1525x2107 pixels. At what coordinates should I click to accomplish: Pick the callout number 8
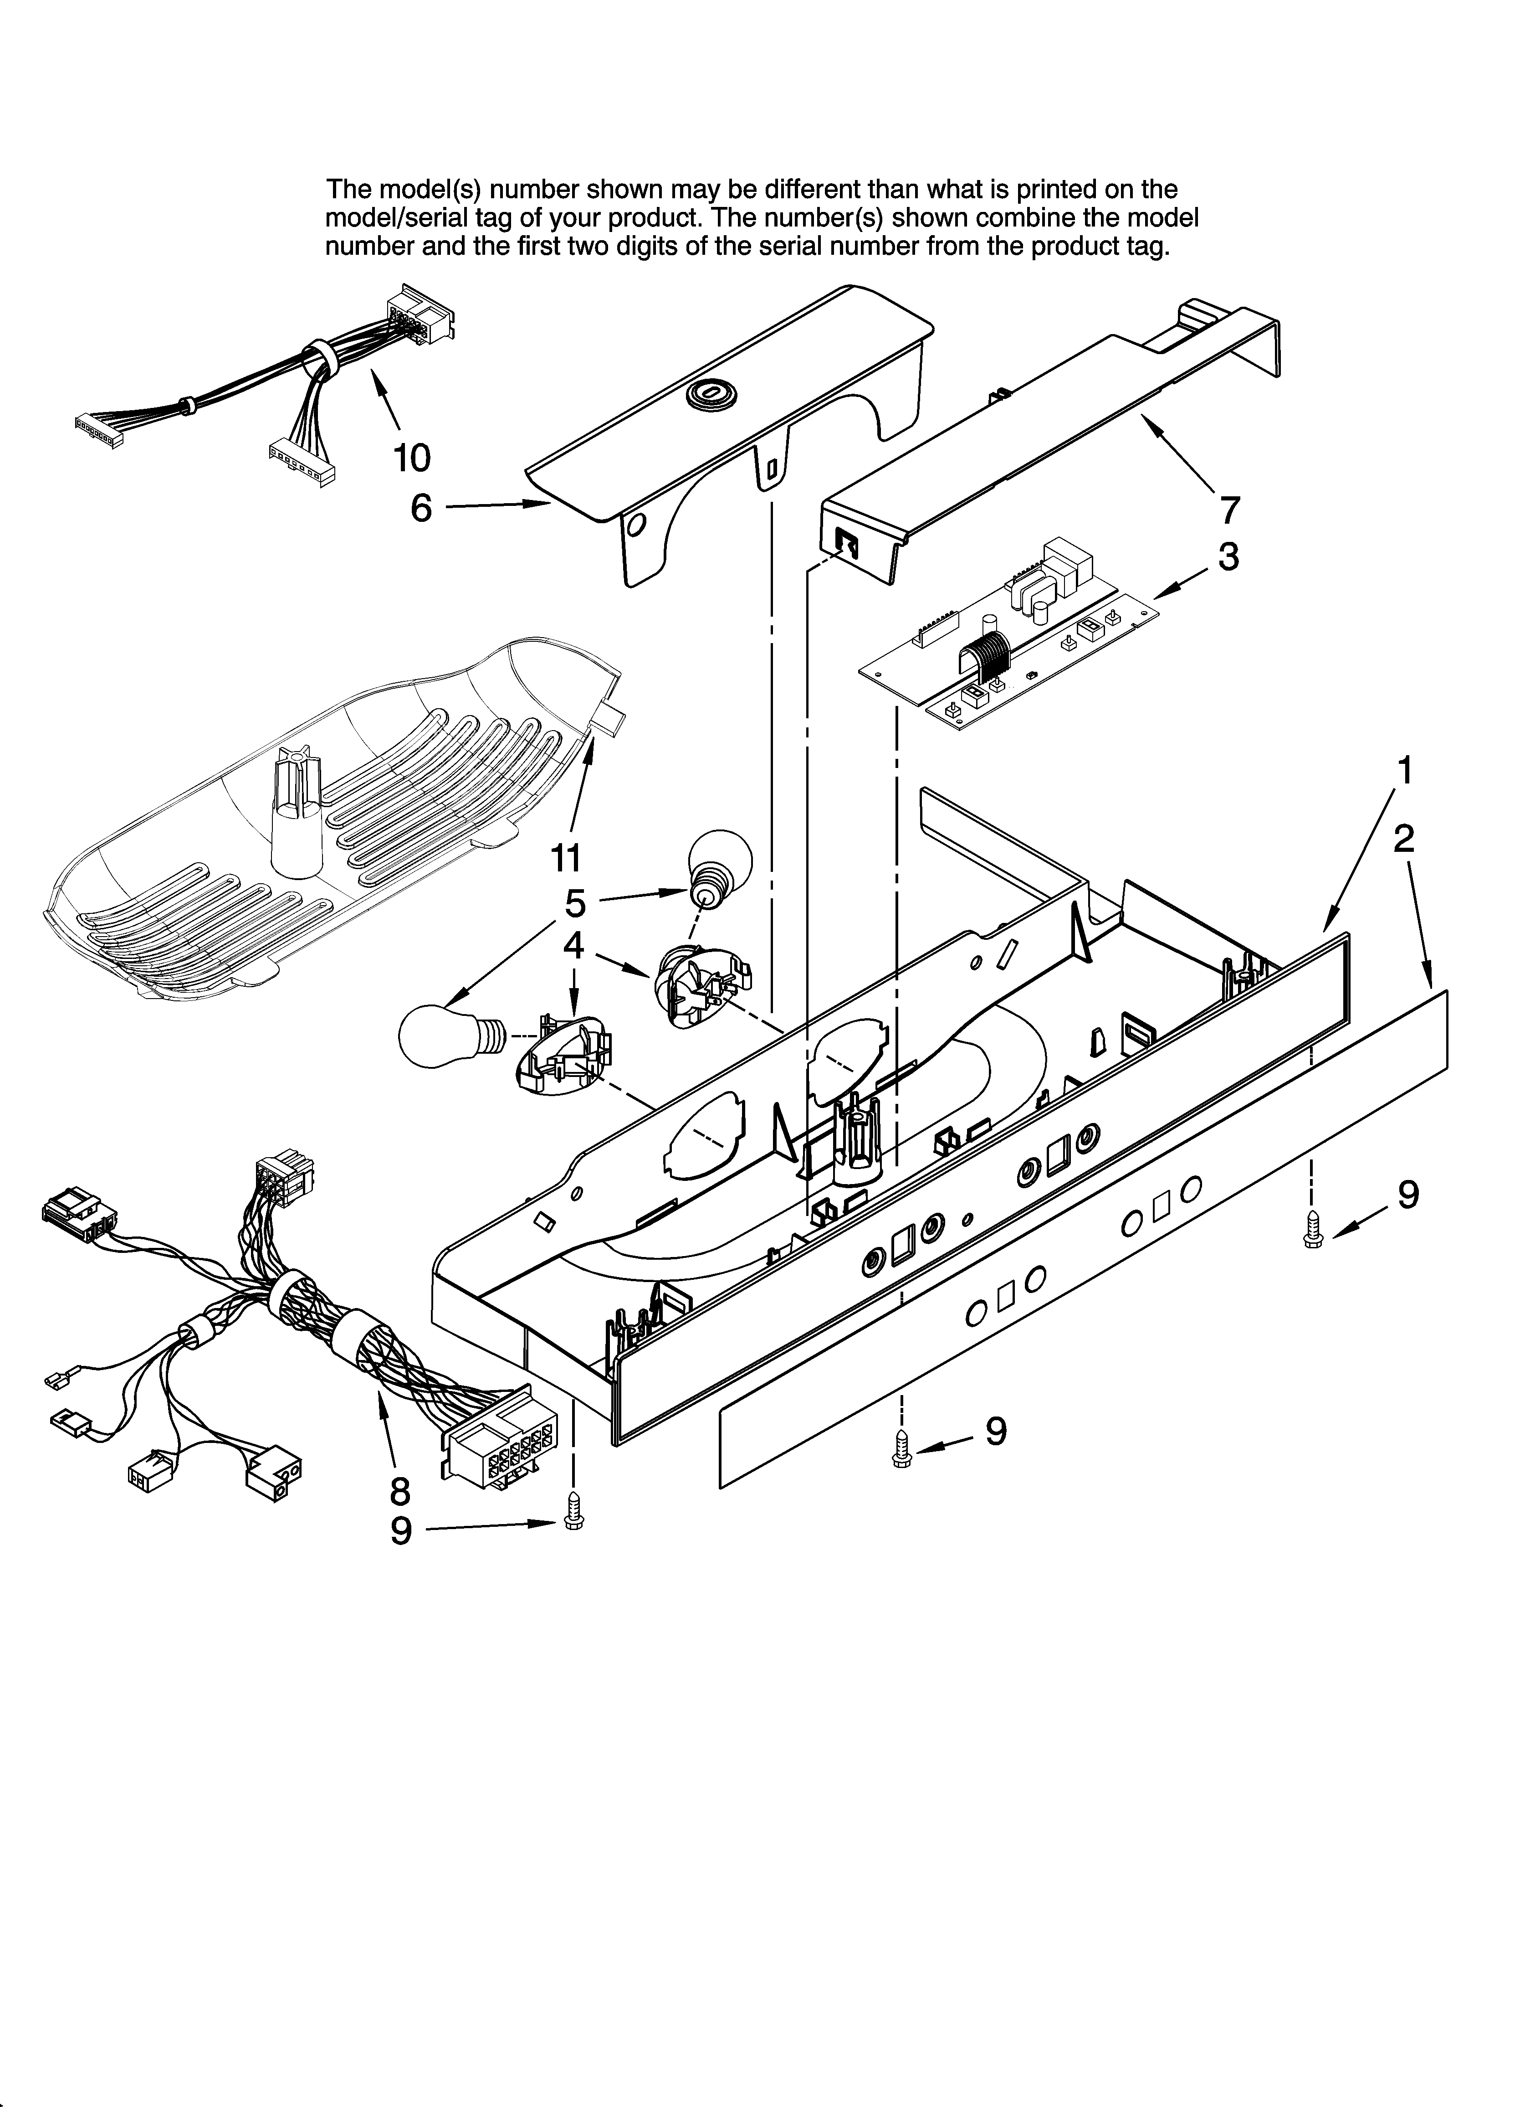[399, 1491]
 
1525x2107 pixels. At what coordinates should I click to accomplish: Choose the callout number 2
[1403, 839]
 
